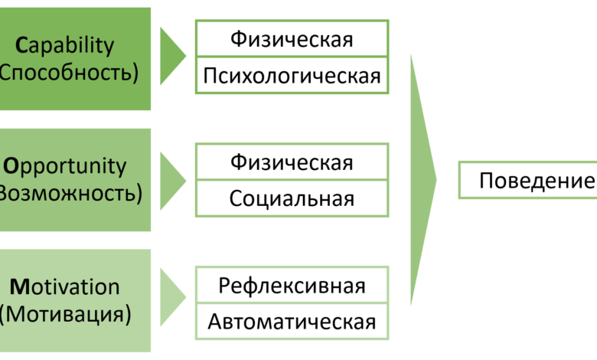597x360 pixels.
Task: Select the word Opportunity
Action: click(x=66, y=166)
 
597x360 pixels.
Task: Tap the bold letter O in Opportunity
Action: click(x=11, y=166)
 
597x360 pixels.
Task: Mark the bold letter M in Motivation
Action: click(x=19, y=287)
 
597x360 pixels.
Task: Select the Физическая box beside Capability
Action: click(x=292, y=39)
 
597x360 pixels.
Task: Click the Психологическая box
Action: click(x=292, y=76)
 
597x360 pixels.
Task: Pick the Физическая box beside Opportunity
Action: click(x=292, y=162)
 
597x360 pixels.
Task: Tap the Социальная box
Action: click(x=292, y=199)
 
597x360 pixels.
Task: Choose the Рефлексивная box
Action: click(x=292, y=286)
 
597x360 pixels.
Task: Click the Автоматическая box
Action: click(x=292, y=322)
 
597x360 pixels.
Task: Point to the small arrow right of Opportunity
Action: click(x=171, y=180)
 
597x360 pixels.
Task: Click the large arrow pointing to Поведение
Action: click(x=422, y=180)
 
